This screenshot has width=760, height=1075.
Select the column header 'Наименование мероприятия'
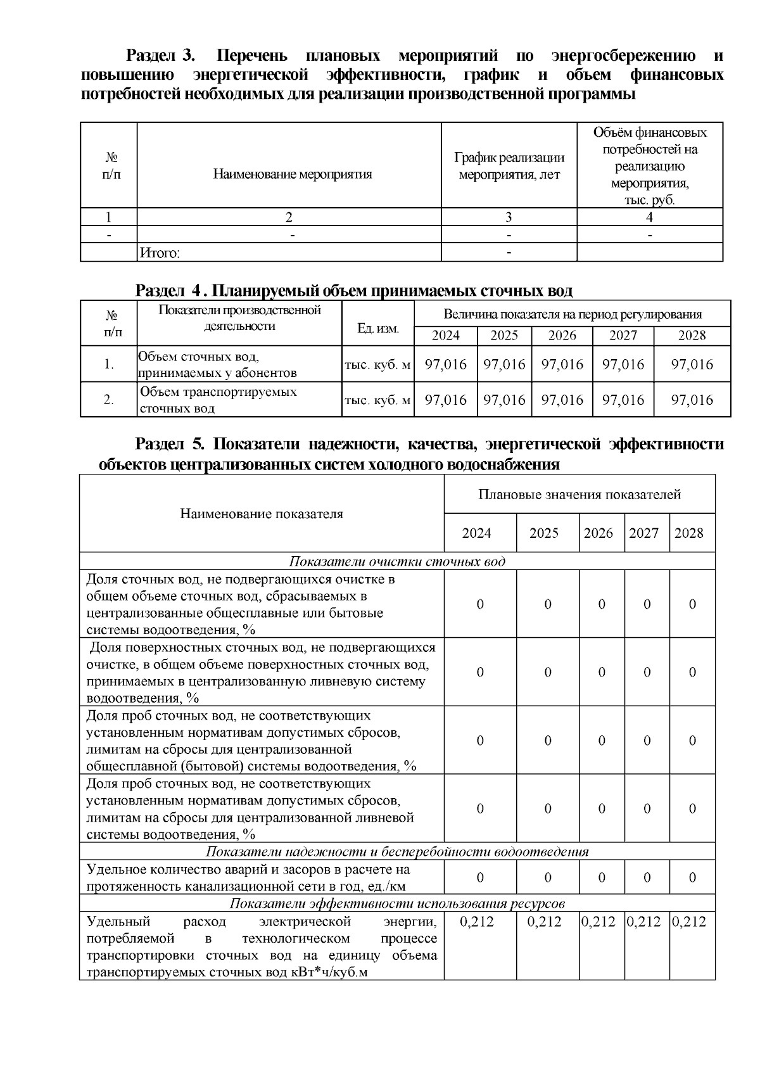(x=292, y=174)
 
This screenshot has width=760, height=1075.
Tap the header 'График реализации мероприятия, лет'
(x=509, y=166)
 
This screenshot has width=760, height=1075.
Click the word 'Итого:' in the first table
(x=160, y=253)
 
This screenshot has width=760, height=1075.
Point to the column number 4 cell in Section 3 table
(x=649, y=217)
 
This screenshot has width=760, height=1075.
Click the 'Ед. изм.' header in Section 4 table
(x=378, y=328)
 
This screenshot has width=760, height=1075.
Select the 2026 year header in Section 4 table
(x=562, y=336)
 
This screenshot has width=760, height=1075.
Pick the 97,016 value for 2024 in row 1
(x=445, y=364)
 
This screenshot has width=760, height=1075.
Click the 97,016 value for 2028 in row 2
(x=692, y=400)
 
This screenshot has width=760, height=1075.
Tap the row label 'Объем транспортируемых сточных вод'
(x=218, y=400)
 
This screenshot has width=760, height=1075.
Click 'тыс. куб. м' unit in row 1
(x=377, y=365)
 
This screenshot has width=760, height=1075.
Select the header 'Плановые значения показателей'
(x=579, y=494)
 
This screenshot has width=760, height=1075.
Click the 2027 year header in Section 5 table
(x=643, y=533)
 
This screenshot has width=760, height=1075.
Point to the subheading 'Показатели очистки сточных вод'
(x=397, y=562)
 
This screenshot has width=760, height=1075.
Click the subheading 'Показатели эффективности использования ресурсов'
(x=397, y=903)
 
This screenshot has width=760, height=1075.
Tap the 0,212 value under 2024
(x=476, y=922)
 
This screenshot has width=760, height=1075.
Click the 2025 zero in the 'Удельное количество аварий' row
(x=548, y=877)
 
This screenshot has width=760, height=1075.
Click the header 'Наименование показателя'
(x=262, y=514)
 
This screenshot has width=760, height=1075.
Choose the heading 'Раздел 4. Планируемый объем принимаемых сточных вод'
(x=354, y=291)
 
